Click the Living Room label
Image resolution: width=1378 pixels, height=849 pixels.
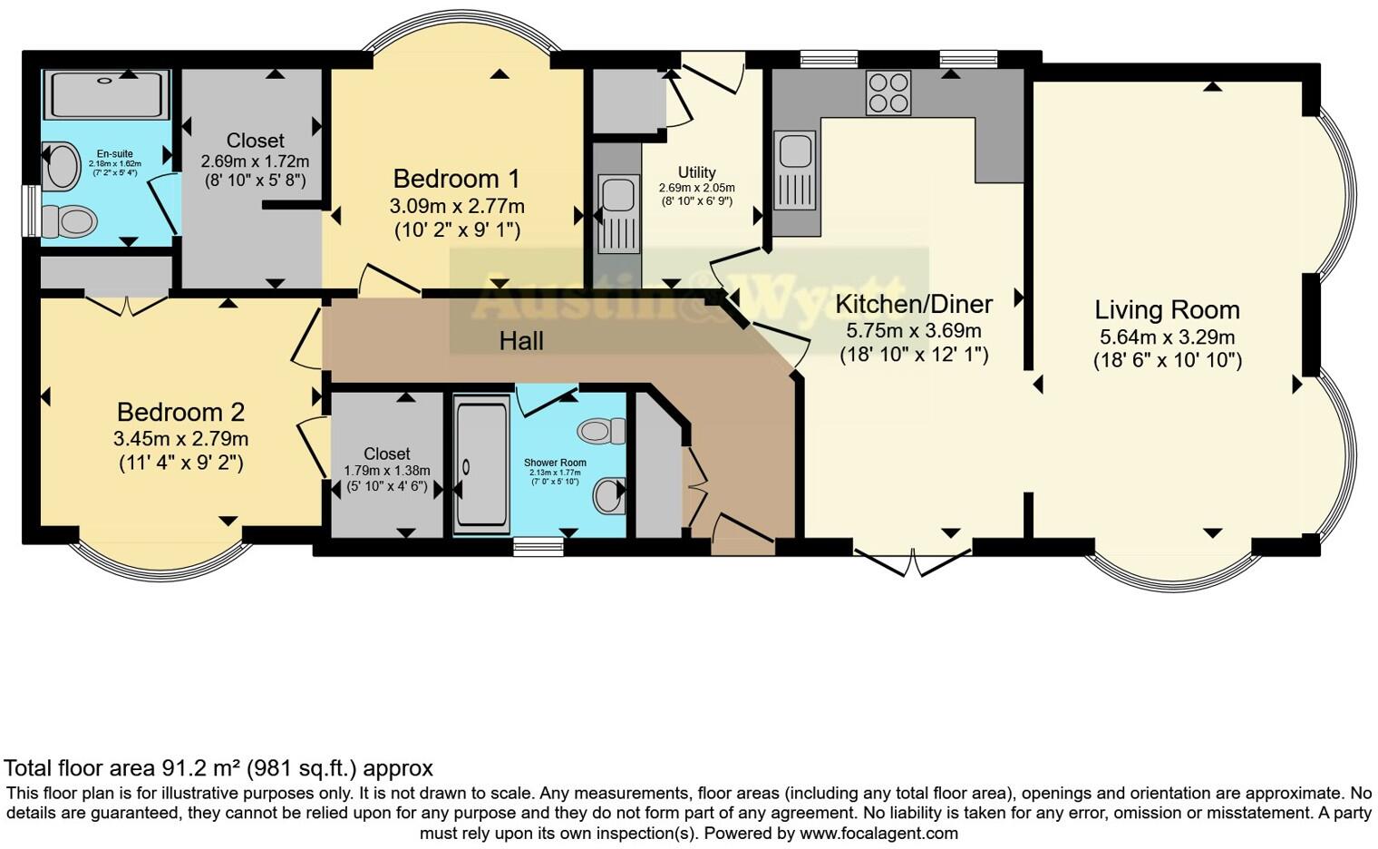(1167, 310)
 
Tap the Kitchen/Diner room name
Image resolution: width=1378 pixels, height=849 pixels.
(914, 304)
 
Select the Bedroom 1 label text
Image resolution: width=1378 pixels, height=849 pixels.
(458, 178)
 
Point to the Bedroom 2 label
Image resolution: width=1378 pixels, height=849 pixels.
(180, 412)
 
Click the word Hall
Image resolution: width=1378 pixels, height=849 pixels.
(521, 341)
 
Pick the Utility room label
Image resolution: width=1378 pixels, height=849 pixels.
(696, 172)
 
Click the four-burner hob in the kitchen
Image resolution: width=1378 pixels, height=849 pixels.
(888, 93)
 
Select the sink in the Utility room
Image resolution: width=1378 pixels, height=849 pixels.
(619, 213)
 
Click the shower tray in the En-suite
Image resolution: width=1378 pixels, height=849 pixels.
(107, 93)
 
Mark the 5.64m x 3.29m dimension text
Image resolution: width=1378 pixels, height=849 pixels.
(1167, 337)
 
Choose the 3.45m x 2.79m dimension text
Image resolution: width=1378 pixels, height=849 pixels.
(180, 439)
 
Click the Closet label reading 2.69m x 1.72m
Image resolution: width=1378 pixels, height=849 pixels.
(255, 141)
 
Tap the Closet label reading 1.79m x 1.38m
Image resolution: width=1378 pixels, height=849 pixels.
(387, 454)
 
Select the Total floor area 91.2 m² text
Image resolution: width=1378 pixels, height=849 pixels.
(218, 768)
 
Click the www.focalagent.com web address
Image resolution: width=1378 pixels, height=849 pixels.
(878, 833)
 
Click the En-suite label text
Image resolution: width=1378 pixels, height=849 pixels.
(115, 154)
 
